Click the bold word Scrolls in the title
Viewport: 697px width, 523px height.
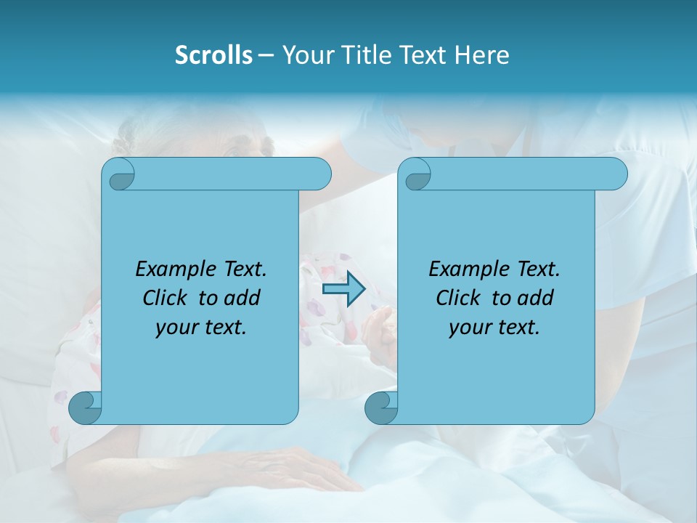213,55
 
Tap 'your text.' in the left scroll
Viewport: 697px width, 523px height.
201,327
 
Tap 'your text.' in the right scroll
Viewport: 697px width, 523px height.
494,327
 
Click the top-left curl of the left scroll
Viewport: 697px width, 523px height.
120,175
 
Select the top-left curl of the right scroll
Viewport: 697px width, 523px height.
416,175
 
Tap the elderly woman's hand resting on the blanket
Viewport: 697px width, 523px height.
305,465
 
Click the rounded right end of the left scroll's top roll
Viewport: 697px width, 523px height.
319,174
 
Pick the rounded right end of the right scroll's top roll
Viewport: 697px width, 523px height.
616,174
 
